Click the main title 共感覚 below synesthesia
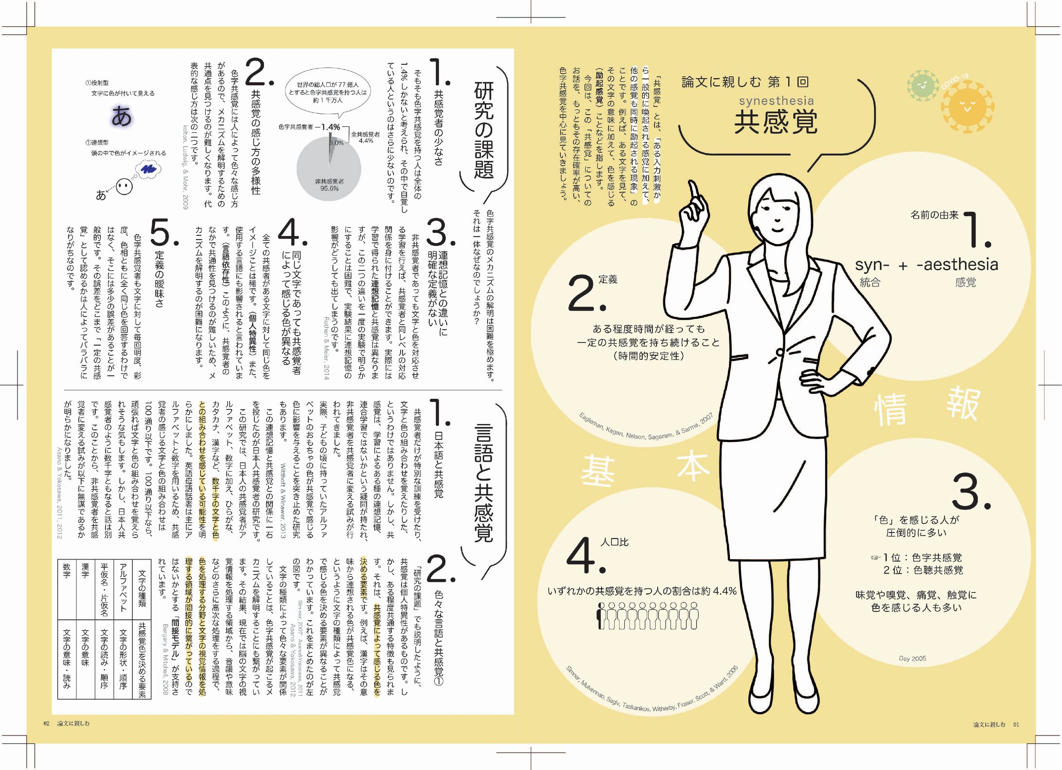point(776,122)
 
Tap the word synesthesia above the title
point(776,101)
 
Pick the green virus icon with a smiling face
point(922,86)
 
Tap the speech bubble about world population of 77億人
point(328,92)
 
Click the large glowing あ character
point(122,117)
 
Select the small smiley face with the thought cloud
point(124,187)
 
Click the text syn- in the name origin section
point(872,265)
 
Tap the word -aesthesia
point(957,264)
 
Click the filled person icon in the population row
point(601,616)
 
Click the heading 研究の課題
point(483,130)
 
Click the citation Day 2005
point(912,659)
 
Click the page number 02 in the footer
point(47,723)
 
